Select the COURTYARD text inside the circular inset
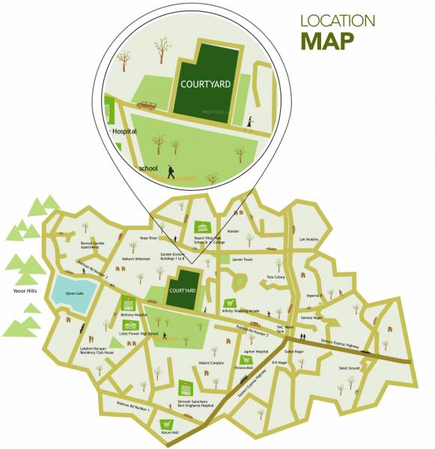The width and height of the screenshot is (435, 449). tap(204, 85)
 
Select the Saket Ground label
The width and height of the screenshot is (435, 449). tap(350, 368)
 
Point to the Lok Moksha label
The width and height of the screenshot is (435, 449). tap(308, 240)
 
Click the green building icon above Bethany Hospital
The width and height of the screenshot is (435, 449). tap(127, 304)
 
